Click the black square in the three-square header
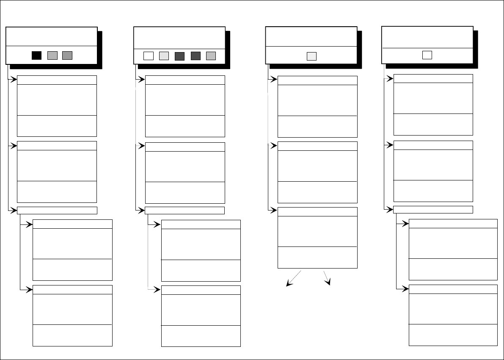click(x=37, y=55)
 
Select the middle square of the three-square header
click(x=52, y=55)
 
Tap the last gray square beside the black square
click(x=67, y=55)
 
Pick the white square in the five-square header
click(x=148, y=56)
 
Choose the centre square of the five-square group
click(x=179, y=56)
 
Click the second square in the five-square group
click(x=164, y=56)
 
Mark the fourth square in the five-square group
click(x=196, y=56)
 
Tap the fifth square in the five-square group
click(x=211, y=56)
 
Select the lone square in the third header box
click(x=311, y=56)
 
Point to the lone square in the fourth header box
click(x=427, y=55)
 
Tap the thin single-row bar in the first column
click(x=57, y=210)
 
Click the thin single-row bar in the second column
click(x=185, y=210)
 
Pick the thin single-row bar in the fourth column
click(x=433, y=209)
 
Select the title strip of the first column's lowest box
click(x=72, y=290)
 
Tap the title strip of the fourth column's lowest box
click(x=453, y=289)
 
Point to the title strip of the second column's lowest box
click(x=201, y=290)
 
